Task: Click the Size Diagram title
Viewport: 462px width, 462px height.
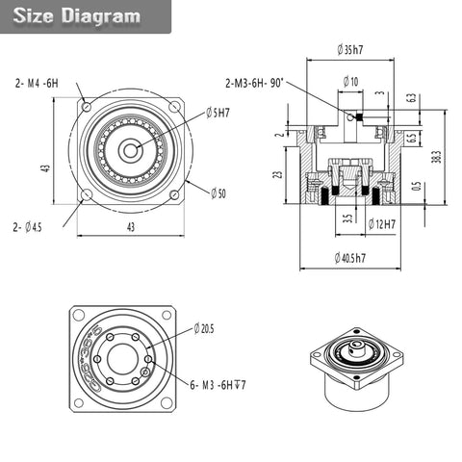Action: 77,16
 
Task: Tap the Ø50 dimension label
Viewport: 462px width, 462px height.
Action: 218,193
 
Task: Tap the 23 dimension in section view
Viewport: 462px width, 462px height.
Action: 278,175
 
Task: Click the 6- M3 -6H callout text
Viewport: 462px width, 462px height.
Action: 218,385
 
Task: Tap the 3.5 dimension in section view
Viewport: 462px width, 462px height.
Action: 346,218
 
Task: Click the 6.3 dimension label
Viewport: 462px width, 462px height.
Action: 411,97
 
